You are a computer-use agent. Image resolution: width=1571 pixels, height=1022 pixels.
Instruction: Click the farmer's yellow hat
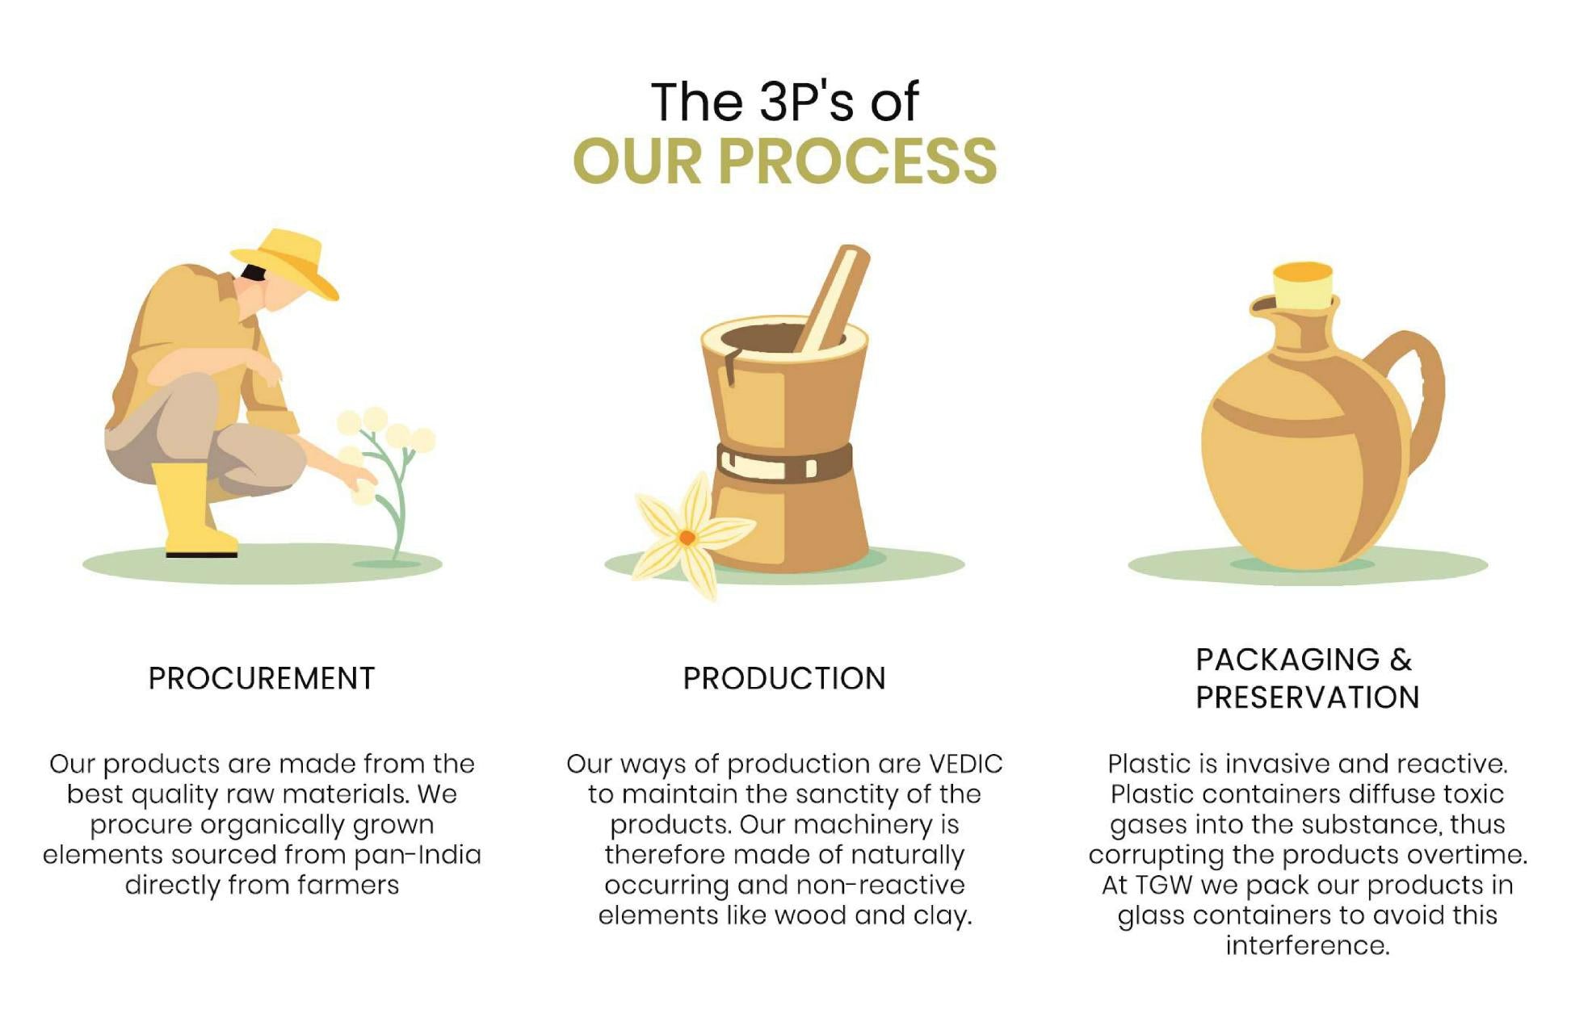288,262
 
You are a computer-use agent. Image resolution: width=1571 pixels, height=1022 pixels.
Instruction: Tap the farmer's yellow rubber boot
192,509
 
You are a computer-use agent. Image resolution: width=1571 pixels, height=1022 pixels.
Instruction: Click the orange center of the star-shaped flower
687,537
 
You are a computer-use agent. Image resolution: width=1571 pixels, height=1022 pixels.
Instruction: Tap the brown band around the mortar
784,462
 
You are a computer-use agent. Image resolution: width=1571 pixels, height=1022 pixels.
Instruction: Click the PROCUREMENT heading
262,678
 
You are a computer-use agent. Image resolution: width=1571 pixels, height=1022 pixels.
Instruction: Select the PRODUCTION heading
784,678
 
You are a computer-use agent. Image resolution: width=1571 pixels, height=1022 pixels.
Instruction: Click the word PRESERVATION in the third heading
1308,697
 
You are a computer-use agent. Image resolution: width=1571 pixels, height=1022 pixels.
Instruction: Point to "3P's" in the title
807,102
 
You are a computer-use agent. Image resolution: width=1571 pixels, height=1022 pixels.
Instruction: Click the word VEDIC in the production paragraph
966,764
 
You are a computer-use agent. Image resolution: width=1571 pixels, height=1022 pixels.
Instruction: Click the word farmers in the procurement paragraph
348,885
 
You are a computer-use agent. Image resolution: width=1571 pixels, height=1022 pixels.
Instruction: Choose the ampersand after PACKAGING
1401,660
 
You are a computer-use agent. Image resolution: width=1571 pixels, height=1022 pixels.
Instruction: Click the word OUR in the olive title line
637,161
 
